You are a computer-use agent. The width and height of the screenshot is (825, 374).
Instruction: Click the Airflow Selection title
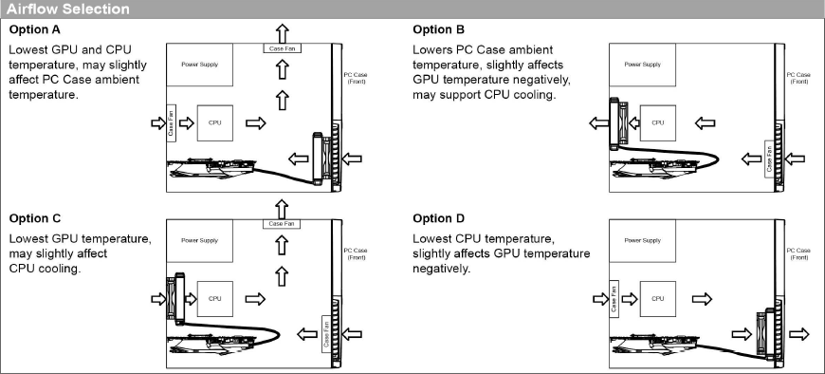[68, 9]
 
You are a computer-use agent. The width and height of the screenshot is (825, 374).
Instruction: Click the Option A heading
[35, 29]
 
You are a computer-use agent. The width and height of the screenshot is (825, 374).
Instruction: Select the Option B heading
[439, 29]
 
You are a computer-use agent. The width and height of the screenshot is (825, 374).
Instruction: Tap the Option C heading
[35, 218]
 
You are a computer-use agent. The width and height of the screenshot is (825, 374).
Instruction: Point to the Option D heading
[439, 218]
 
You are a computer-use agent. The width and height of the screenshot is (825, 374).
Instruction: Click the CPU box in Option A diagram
[214, 122]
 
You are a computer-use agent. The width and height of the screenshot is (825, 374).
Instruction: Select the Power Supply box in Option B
[642, 65]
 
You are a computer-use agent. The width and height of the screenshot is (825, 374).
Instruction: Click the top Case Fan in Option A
[282, 48]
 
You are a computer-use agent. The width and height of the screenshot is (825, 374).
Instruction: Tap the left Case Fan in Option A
[171, 122]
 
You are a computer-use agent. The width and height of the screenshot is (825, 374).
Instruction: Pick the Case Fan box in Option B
[769, 159]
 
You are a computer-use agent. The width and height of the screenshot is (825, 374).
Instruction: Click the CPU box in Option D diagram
[658, 299]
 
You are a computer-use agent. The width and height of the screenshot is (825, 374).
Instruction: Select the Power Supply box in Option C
[199, 240]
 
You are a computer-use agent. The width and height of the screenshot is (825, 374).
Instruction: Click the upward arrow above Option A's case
[283, 33]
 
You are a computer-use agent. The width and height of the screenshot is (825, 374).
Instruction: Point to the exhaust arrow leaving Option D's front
[799, 334]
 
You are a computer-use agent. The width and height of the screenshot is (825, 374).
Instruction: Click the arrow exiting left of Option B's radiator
[598, 123]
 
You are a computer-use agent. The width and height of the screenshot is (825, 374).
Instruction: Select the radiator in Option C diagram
[176, 298]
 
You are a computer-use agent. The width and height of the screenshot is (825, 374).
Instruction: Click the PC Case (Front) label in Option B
[798, 78]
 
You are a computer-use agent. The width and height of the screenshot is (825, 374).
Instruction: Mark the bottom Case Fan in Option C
[326, 334]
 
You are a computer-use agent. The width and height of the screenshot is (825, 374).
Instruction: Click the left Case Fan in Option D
[614, 299]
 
